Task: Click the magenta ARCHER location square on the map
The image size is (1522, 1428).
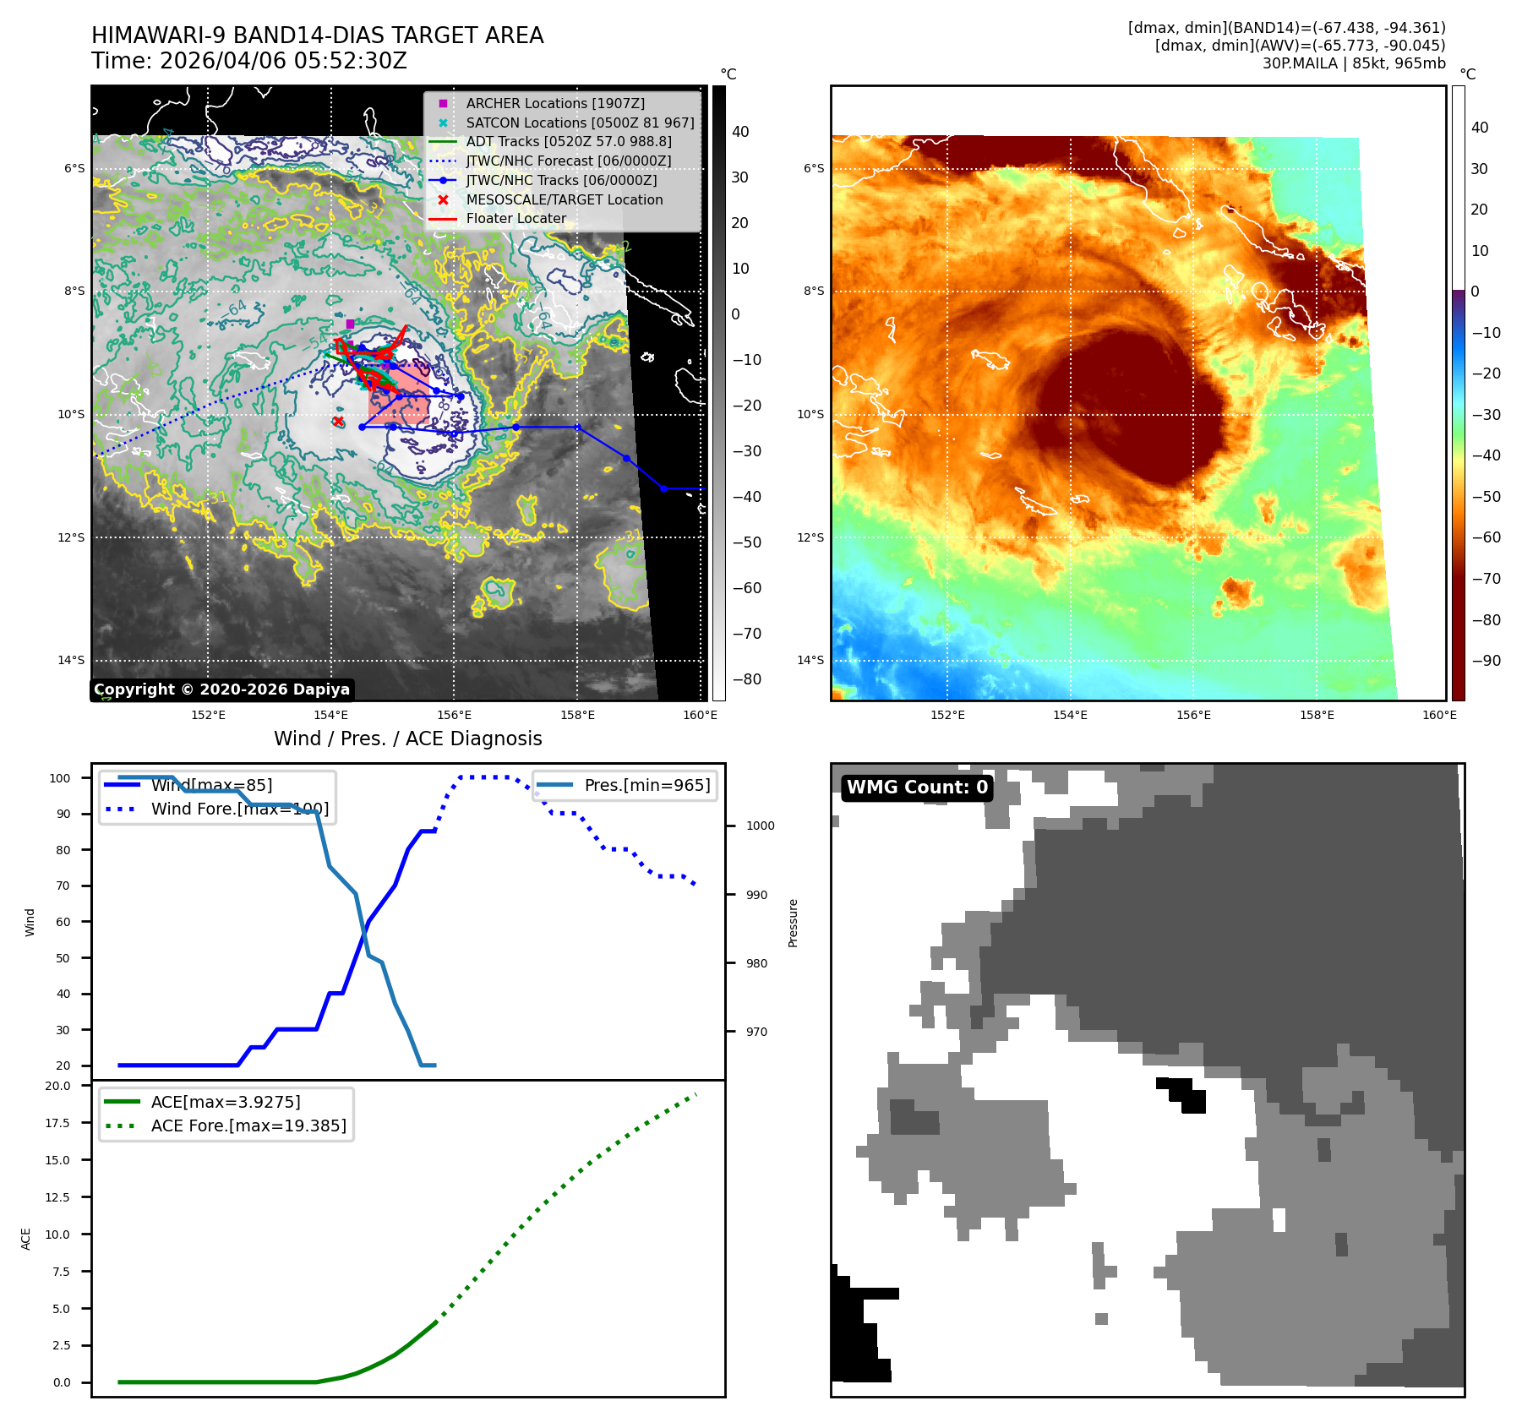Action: coord(350,324)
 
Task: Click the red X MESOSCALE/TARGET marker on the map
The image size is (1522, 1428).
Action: coord(338,421)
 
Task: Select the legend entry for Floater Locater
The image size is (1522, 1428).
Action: coord(516,219)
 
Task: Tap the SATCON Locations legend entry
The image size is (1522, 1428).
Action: coord(580,123)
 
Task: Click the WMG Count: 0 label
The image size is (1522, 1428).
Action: coord(917,788)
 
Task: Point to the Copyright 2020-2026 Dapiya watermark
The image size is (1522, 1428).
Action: coord(221,689)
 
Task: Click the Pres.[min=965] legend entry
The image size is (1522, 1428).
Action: coord(646,785)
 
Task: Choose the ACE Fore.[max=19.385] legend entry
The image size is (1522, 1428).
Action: coord(248,1126)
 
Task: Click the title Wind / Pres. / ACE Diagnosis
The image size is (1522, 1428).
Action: coord(407,739)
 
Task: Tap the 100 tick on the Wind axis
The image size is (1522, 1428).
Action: coord(60,778)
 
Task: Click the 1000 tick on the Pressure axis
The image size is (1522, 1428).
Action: coord(760,826)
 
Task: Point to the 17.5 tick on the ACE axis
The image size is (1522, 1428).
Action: coord(58,1123)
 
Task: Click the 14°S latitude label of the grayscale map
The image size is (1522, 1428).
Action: coord(71,660)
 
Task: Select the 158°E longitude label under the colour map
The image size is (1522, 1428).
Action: coord(1317,715)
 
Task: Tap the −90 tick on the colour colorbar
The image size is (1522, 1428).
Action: coord(1486,661)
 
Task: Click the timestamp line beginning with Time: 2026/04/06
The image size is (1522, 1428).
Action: coord(249,61)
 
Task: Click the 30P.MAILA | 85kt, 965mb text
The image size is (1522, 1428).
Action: coord(1354,63)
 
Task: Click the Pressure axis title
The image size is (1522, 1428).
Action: coord(793,923)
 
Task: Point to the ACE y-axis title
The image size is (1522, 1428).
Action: coord(26,1239)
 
